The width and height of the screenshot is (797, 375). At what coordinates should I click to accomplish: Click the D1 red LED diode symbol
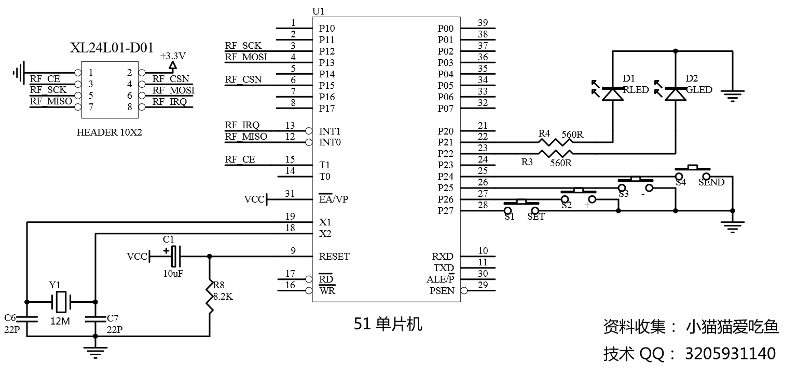(613, 94)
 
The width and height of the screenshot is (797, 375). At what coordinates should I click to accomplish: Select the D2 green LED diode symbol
(675, 94)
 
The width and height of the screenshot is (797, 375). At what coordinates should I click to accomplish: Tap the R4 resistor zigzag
(556, 142)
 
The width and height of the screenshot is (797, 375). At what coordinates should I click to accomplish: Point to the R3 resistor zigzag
(556, 153)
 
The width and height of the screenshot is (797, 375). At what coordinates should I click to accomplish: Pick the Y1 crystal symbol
(61, 301)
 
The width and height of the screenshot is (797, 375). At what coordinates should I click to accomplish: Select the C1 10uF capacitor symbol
(172, 256)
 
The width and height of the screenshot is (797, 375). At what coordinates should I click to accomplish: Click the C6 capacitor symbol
(26, 319)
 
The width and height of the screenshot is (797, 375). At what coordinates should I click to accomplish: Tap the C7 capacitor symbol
(95, 319)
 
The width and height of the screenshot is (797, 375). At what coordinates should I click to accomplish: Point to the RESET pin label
(334, 257)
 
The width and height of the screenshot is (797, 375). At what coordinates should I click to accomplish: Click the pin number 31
(290, 194)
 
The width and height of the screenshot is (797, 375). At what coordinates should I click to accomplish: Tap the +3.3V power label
(173, 56)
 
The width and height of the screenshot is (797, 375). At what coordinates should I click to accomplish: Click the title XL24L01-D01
(112, 48)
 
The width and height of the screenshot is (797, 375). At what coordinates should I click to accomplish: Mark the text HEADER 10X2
(109, 132)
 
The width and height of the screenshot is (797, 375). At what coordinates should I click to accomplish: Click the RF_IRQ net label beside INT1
(242, 125)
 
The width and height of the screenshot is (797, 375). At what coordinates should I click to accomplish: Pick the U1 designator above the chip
(318, 11)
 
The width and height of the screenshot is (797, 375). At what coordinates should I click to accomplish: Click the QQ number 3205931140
(731, 354)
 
